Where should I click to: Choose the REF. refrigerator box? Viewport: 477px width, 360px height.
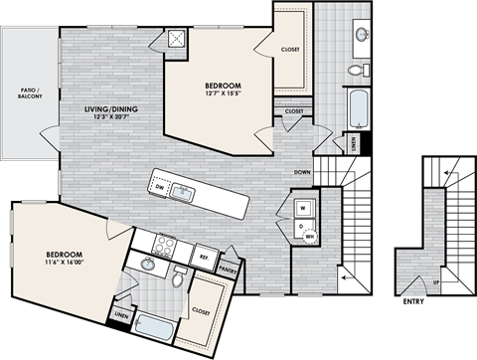[204, 256]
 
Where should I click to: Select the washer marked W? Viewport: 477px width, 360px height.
[302, 209]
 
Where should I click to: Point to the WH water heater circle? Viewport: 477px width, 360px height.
[310, 237]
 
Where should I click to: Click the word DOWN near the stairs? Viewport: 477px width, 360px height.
[304, 173]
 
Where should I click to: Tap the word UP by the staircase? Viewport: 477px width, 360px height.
[436, 283]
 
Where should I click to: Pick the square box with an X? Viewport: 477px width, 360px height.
[176, 39]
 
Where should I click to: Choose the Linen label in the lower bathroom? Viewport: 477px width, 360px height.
[121, 317]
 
